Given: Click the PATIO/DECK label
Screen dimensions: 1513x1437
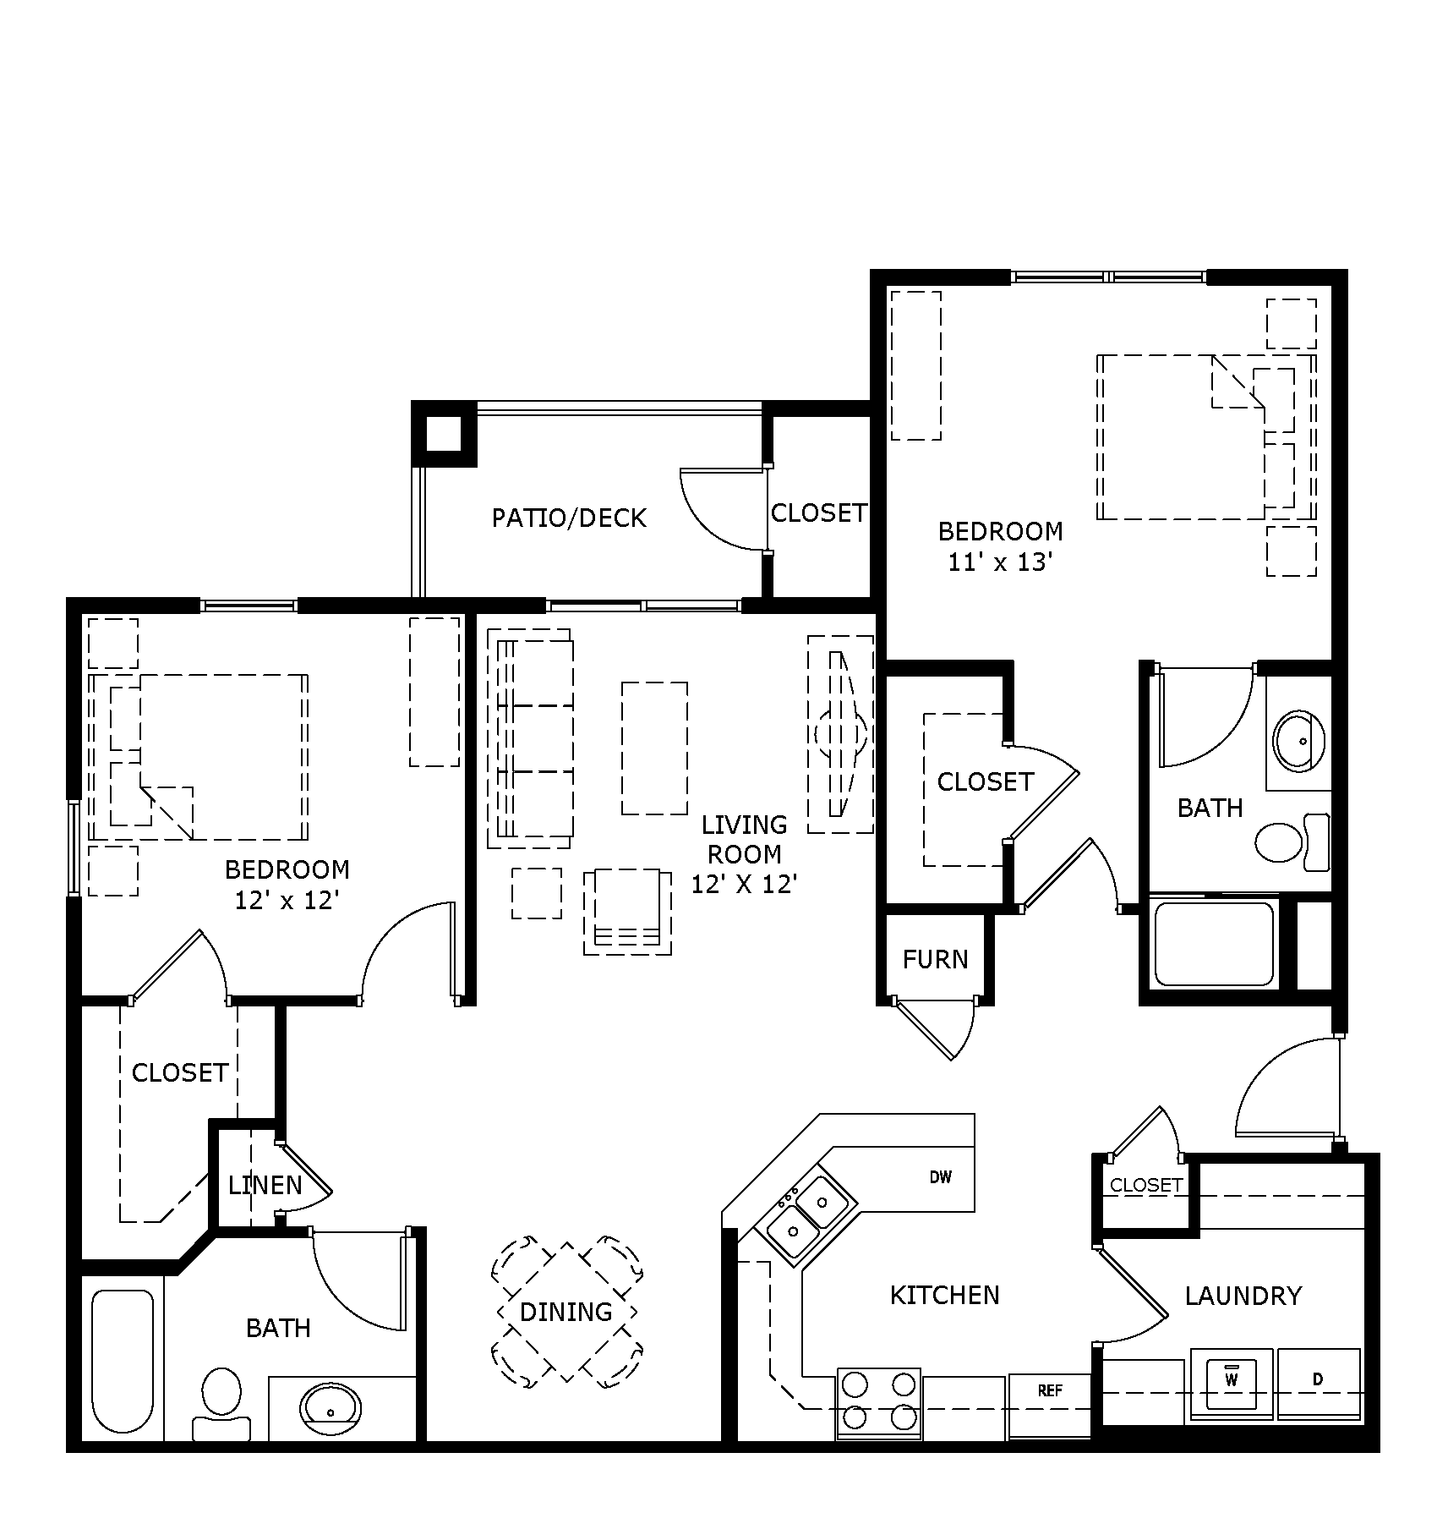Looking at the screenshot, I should pos(569,518).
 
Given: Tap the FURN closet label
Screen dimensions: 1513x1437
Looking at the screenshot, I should pos(935,959).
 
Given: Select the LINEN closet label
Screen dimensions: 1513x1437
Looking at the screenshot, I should pos(265,1185).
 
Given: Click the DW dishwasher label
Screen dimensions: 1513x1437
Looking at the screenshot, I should pos(940,1176).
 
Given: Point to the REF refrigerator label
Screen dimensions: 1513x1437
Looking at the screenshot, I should pos(1049,1390).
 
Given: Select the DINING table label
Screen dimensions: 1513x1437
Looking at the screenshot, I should pos(566,1312).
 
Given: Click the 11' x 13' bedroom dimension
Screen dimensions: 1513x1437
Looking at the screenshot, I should pos(1000,562).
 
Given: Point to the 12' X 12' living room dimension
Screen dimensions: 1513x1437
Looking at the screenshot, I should pos(744,884).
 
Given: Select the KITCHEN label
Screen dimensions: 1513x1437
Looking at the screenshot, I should pos(944,1295).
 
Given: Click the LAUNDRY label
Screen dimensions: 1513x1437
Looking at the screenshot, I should pos(1243,1296).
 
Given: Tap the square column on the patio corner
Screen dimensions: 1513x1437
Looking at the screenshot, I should pos(444,434).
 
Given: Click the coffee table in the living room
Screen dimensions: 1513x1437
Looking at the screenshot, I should pos(654,748).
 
